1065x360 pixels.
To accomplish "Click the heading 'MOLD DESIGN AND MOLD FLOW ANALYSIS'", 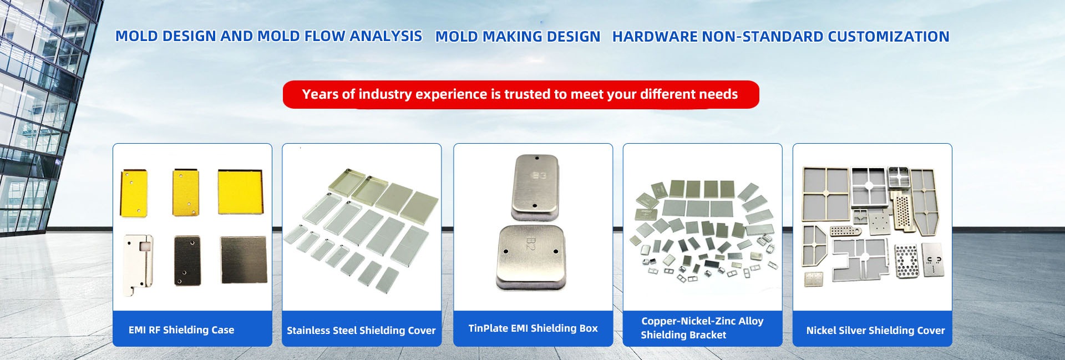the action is [268, 36].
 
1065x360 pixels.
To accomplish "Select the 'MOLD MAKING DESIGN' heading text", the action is [518, 37].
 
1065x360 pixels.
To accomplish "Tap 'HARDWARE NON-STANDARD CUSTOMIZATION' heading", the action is [780, 37].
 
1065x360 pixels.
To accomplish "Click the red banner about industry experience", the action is [521, 94].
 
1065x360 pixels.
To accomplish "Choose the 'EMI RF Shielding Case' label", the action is [181, 330].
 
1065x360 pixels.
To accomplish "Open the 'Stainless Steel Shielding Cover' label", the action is [361, 331].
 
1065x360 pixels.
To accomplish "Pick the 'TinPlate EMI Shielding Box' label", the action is [533, 328].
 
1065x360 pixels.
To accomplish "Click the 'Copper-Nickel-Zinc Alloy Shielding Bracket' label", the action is [702, 328].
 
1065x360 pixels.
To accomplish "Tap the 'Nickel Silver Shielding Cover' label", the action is [875, 331].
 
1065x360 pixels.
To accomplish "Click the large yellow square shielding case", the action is [240, 192].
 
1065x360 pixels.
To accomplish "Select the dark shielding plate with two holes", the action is [187, 260].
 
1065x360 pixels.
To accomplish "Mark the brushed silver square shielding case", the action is [243, 260].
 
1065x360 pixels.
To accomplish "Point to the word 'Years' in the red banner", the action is [320, 94].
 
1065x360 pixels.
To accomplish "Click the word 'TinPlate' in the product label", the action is [488, 328].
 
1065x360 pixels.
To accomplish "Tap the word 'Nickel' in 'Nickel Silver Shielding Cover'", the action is [821, 331].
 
